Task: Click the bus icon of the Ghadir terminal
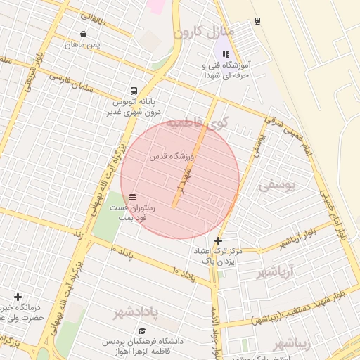(x=134, y=91)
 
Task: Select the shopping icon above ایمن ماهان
(x=84, y=34)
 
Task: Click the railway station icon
(x=257, y=21)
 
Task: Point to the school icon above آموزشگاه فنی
(x=225, y=53)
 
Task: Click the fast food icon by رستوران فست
(x=133, y=197)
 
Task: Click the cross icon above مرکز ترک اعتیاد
(x=219, y=241)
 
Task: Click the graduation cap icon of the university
(x=143, y=331)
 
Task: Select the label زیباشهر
(x=290, y=343)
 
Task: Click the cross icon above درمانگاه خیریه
(x=18, y=297)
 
